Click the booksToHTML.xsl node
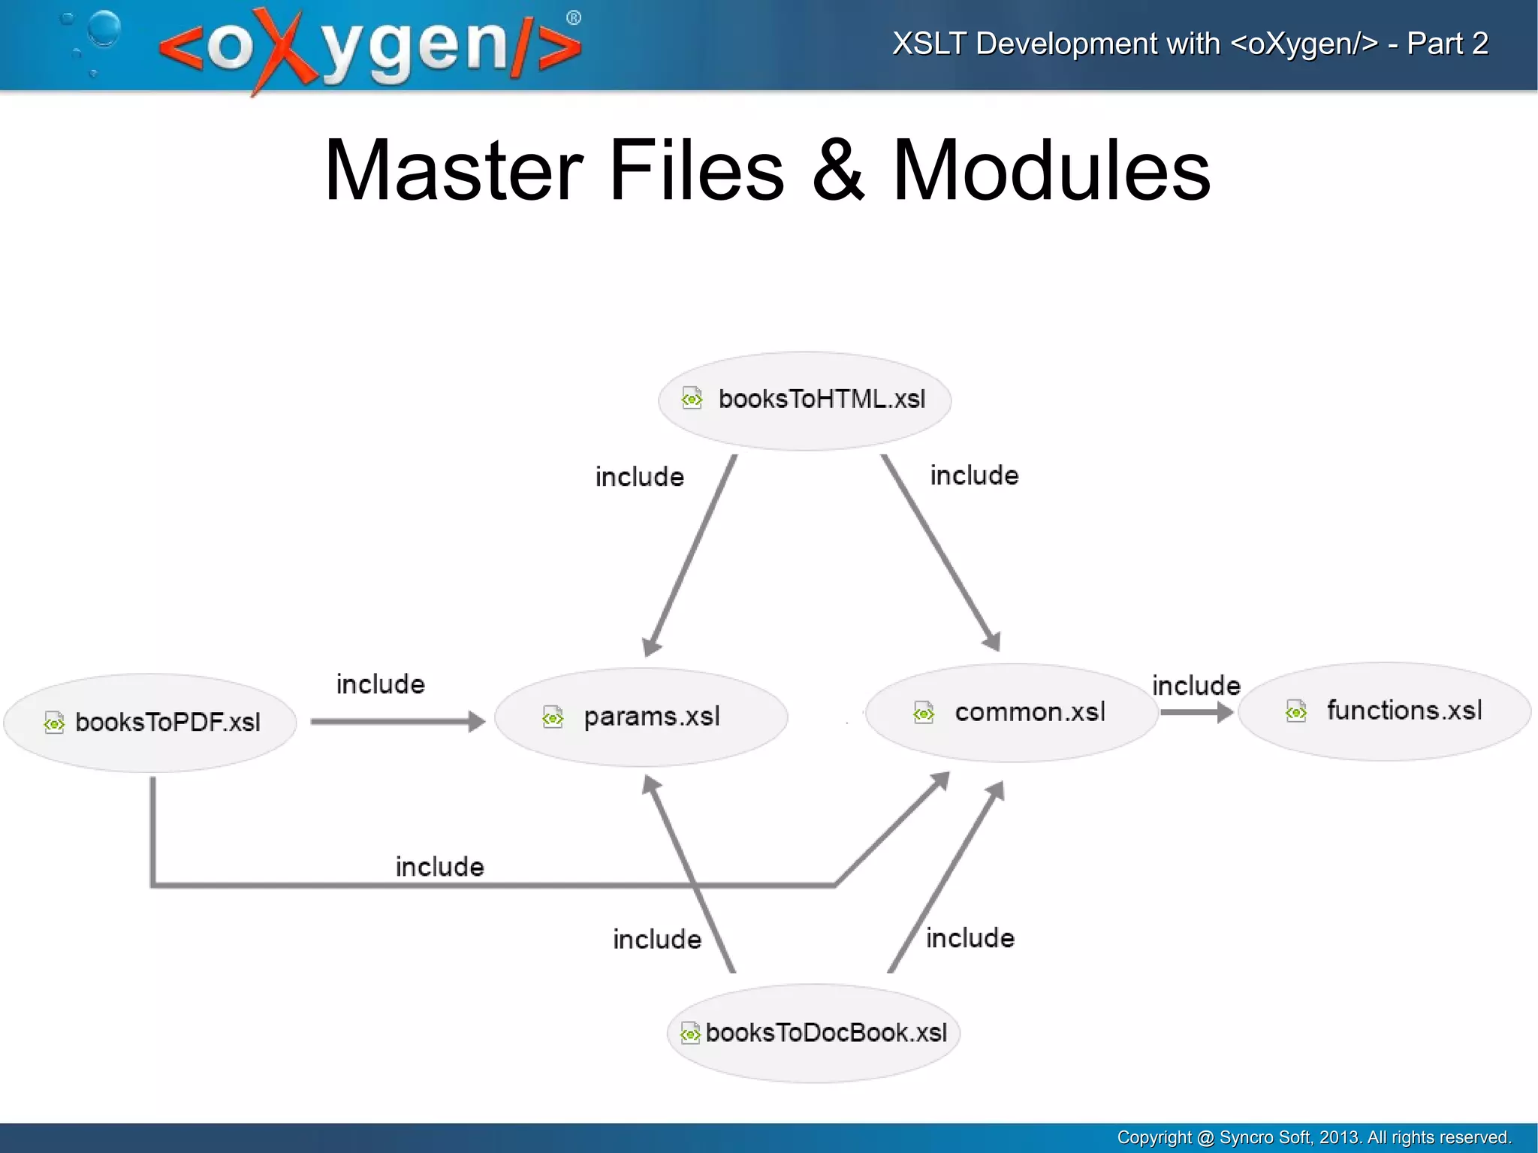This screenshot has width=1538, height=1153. pos(804,400)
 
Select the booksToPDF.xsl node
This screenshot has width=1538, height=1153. pos(150,723)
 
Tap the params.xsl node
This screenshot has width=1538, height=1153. pos(641,717)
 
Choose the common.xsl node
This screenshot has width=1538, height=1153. pos(1011,712)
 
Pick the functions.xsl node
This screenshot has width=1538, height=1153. pos(1384,711)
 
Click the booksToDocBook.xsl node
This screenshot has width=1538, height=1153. pos(813,1033)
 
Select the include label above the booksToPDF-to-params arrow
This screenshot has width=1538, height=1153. pos(380,684)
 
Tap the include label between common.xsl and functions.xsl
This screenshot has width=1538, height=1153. pos(1196,685)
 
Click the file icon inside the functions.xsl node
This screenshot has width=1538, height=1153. pos(1296,711)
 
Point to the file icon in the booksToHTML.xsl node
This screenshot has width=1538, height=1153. pos(692,398)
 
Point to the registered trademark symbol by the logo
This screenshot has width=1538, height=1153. pos(573,18)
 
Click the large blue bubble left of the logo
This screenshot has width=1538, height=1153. pos(104,29)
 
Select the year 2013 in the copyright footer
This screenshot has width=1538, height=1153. pos(1338,1137)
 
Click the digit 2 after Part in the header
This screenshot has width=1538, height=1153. pos(1479,44)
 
